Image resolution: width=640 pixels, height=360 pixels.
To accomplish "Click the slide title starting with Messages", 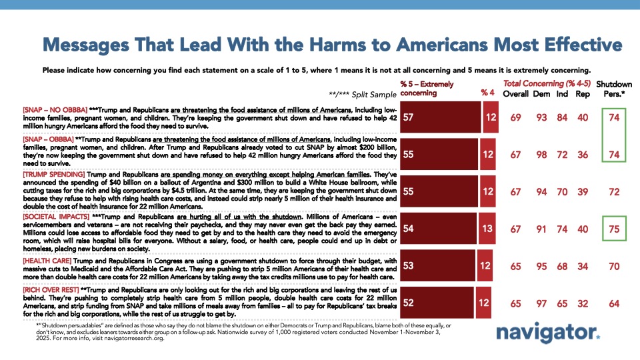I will [x=332, y=45].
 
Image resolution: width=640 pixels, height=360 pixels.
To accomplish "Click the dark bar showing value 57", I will [x=440, y=118].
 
